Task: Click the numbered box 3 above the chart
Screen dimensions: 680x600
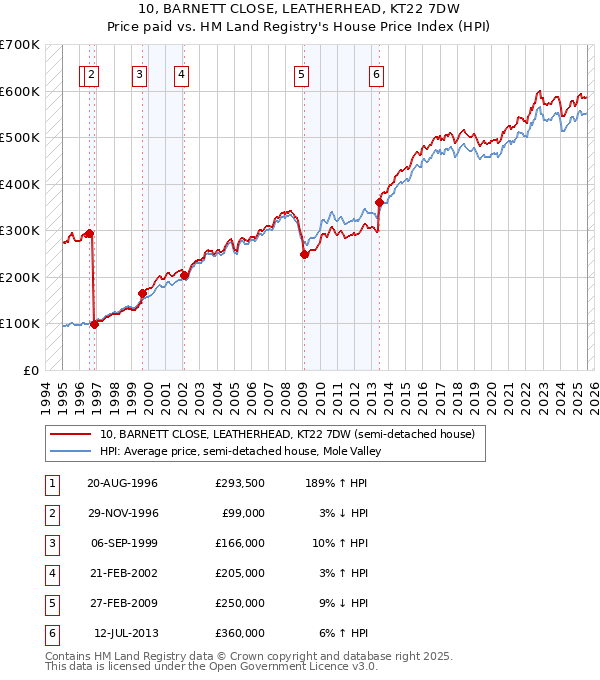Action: tap(139, 73)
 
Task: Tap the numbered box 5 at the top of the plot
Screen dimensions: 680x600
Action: tap(301, 73)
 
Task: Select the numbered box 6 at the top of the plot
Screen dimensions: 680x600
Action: tap(376, 73)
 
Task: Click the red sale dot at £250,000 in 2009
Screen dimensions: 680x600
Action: tap(303, 254)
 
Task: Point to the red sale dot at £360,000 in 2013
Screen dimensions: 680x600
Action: tap(379, 203)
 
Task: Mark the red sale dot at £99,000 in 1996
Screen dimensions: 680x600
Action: tap(95, 324)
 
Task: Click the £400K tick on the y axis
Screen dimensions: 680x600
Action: tap(20, 184)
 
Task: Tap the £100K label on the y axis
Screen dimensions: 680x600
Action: tap(20, 323)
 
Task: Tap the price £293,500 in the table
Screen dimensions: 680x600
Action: tap(240, 483)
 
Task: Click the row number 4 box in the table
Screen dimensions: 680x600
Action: tap(50, 573)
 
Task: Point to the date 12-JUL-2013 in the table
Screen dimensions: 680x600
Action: tap(126, 633)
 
